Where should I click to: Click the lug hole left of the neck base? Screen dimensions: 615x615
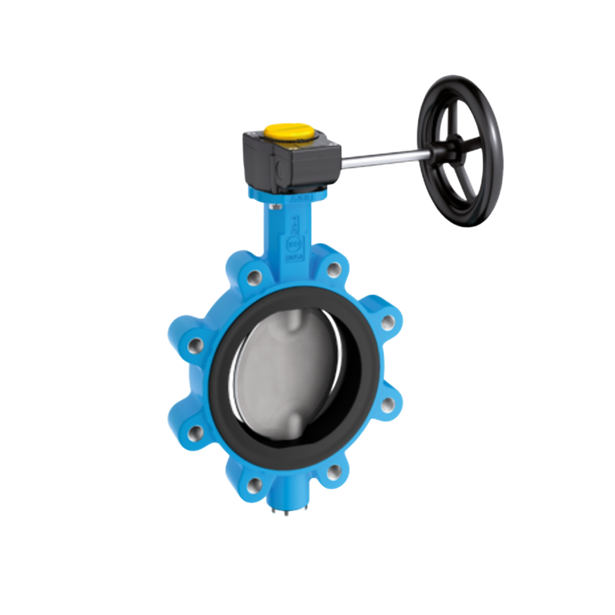(255, 278)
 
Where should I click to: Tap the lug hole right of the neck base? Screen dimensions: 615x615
(334, 269)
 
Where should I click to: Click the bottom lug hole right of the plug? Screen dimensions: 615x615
(334, 471)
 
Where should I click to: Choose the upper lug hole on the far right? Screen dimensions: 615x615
(388, 323)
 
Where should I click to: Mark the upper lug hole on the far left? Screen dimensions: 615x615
(195, 345)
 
